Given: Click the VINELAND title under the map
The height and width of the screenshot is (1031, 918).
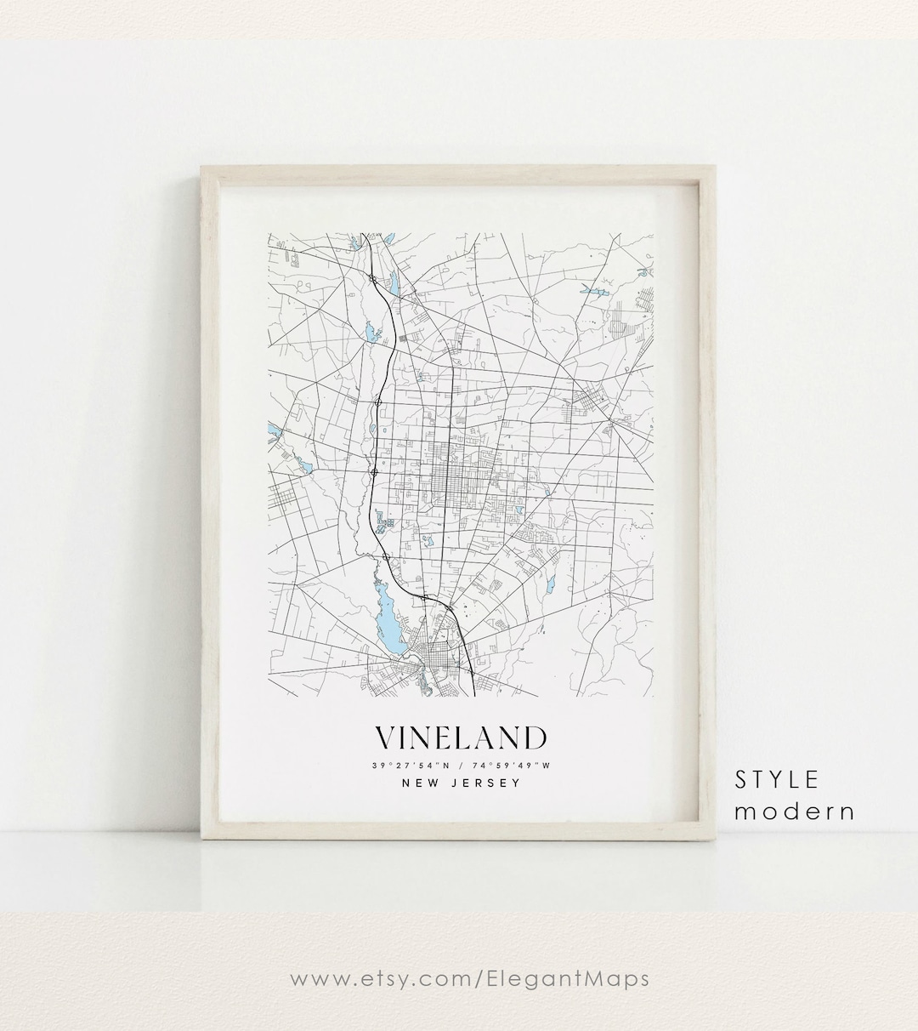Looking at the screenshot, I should pos(461,738).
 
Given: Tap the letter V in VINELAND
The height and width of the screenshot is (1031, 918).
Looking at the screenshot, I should pos(385,738).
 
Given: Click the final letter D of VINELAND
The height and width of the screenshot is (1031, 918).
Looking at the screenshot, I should pos(535,738).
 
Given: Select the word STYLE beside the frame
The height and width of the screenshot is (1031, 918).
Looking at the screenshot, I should pos(778,779).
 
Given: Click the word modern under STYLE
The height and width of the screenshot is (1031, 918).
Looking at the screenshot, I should pos(795,812).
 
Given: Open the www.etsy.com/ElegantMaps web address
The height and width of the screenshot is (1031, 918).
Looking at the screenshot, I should pos(469,978).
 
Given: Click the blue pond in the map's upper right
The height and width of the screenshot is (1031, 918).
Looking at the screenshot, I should pos(592,292).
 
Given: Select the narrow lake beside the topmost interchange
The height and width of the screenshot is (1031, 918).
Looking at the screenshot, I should pos(394,282).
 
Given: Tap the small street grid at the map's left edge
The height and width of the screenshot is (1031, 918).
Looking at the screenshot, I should pos(282,503).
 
